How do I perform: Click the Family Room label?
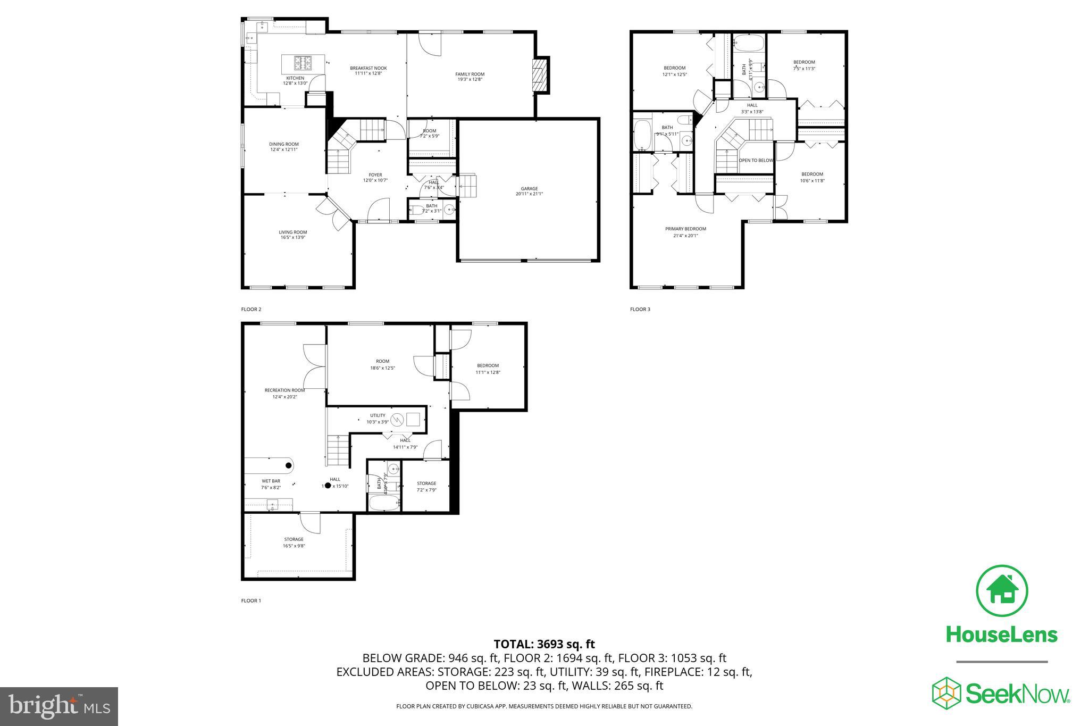(x=470, y=74)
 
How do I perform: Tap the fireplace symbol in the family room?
(x=540, y=76)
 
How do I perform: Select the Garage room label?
(x=529, y=188)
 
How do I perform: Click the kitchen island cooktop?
(x=303, y=64)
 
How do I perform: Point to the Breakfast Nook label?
(x=368, y=68)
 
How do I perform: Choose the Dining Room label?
(x=283, y=144)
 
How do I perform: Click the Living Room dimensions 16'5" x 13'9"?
(x=293, y=238)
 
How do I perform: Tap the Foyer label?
(x=375, y=175)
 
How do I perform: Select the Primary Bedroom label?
(x=685, y=229)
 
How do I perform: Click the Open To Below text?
(x=756, y=160)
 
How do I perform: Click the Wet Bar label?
(x=271, y=481)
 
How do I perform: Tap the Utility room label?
(x=378, y=415)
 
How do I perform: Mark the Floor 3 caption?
(x=640, y=309)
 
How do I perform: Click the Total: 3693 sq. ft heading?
(x=544, y=644)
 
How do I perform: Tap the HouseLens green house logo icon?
(x=1002, y=591)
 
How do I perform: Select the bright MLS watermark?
(x=59, y=707)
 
